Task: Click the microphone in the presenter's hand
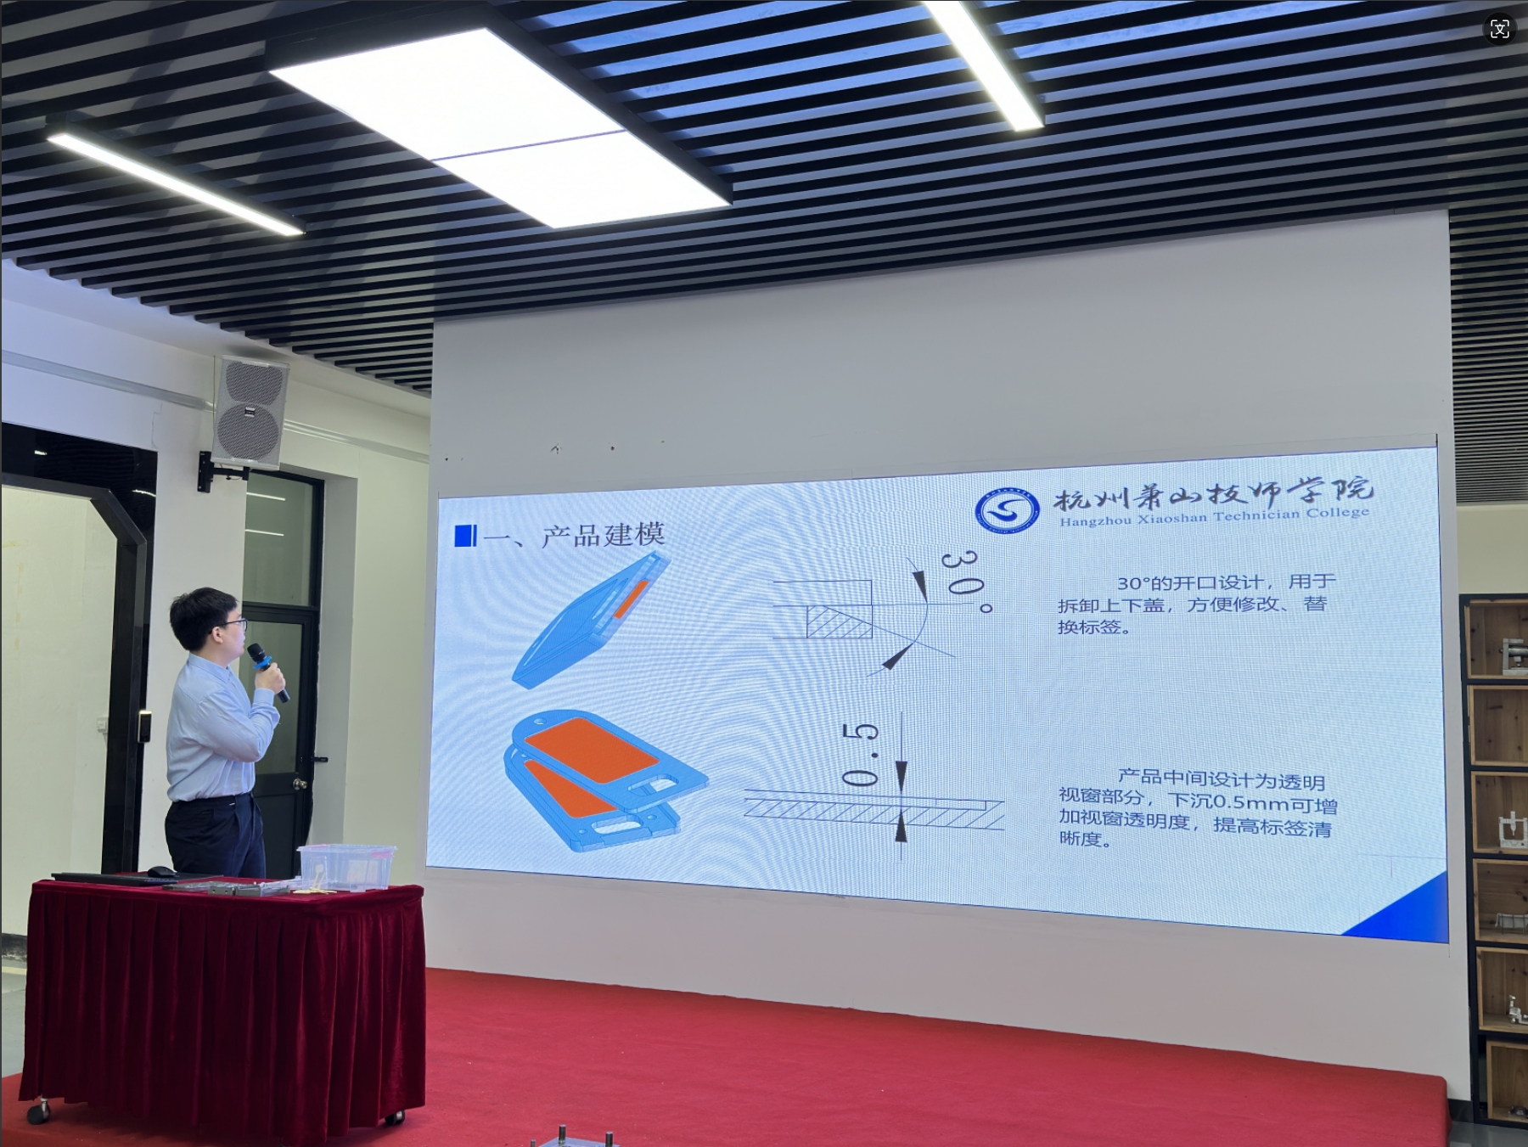click(x=267, y=671)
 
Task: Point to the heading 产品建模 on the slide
click(x=604, y=535)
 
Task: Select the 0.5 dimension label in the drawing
click(x=859, y=755)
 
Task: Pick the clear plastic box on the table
click(x=346, y=866)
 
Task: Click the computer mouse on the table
click(x=161, y=871)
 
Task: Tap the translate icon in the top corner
click(x=1500, y=29)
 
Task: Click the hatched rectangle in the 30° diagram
click(x=840, y=621)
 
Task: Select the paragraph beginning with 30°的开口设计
click(x=1198, y=604)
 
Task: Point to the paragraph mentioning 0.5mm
click(x=1198, y=807)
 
